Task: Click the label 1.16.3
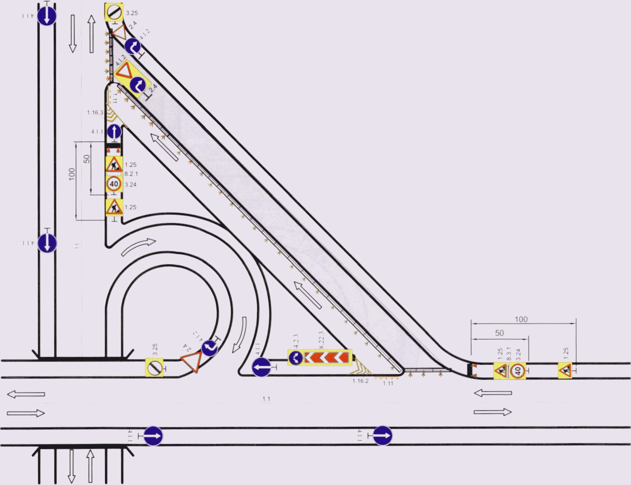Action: tap(95, 113)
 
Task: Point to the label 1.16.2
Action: tap(360, 381)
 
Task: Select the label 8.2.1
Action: tap(131, 174)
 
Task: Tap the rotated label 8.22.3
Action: tap(322, 340)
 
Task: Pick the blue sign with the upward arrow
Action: tap(114, 132)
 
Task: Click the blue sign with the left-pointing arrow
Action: tap(261, 367)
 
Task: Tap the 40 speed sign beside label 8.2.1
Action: tap(114, 184)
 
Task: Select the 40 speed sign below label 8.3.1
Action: tap(518, 371)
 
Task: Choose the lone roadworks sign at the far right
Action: tap(565, 370)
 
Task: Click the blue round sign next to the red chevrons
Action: tap(295, 358)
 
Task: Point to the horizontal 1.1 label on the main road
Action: tap(266, 399)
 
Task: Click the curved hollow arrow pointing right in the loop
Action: tap(138, 247)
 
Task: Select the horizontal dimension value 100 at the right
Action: tap(521, 319)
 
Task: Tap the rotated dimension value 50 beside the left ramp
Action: tap(86, 159)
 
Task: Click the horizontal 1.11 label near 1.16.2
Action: tap(388, 383)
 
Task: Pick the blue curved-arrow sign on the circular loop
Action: tap(209, 348)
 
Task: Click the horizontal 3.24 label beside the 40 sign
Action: tap(130, 185)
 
